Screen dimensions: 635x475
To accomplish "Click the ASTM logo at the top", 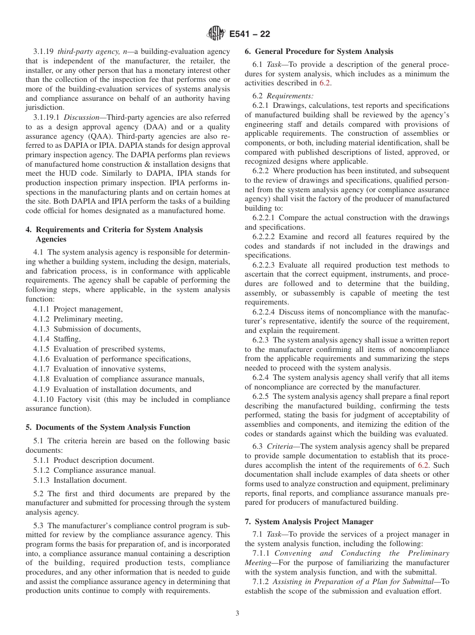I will [215, 34].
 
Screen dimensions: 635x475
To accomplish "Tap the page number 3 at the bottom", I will [237, 614].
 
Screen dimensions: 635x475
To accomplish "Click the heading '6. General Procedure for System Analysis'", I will [319, 51].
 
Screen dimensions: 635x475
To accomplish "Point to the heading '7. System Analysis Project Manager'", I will [309, 522].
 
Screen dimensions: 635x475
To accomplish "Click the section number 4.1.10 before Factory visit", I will [43, 399].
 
